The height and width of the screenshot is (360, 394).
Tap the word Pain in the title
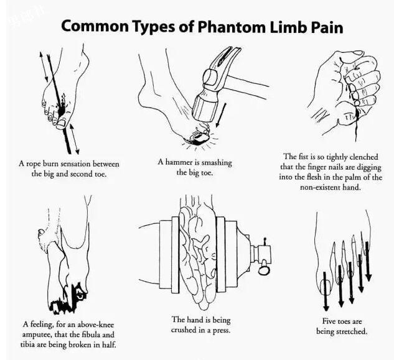(x=325, y=27)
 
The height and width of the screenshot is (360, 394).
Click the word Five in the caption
(x=326, y=321)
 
